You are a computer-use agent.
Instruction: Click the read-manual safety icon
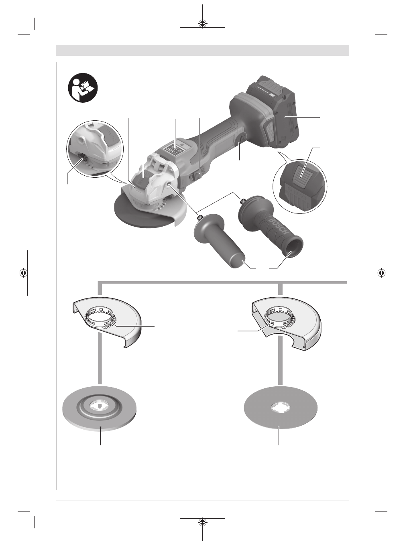(x=83, y=87)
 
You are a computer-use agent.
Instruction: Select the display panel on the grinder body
(x=175, y=149)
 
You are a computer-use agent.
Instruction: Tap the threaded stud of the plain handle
(x=199, y=217)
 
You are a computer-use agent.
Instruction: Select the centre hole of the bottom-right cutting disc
(x=281, y=408)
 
